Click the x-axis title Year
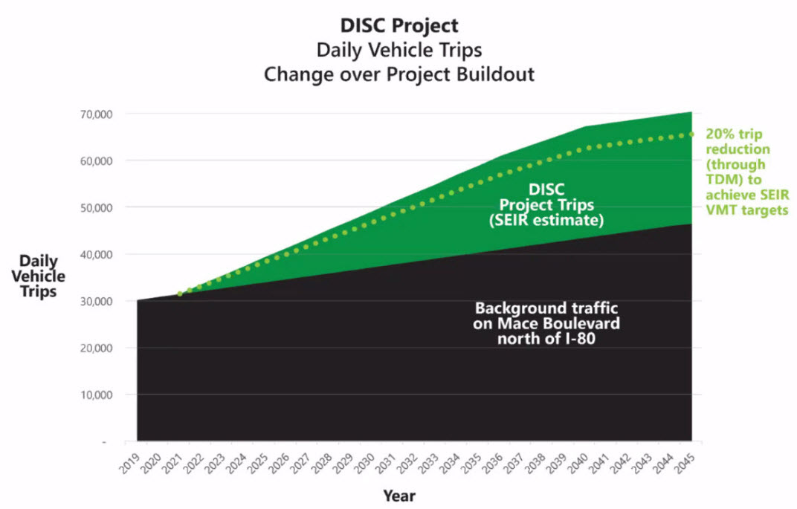(x=399, y=495)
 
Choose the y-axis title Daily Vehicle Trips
(x=42, y=276)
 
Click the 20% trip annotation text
(x=734, y=134)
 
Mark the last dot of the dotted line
(x=691, y=134)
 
